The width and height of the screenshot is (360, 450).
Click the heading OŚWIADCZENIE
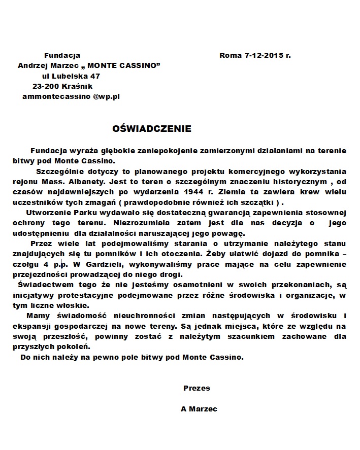(152, 129)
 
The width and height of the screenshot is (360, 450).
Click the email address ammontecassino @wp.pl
(71, 96)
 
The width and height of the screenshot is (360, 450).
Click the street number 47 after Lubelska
(102, 76)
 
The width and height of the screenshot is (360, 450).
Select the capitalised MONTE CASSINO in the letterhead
(123, 65)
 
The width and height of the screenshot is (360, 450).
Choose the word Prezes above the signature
(197, 388)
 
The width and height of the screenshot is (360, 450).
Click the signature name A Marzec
(199, 409)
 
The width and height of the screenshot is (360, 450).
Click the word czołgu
(25, 264)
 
